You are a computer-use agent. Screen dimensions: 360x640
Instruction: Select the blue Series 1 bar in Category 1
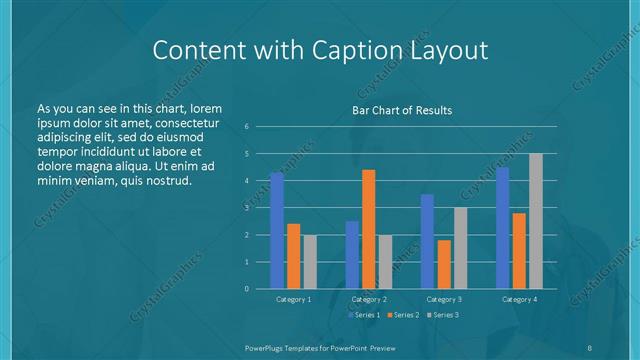[277, 230]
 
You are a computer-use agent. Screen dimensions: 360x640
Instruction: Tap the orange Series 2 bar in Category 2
[369, 229]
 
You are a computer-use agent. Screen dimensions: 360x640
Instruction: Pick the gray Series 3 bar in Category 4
[536, 221]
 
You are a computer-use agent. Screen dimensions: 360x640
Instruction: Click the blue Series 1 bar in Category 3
[427, 241]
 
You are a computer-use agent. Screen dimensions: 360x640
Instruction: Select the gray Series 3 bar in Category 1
[310, 261]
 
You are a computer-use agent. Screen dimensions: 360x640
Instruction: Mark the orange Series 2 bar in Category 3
[444, 264]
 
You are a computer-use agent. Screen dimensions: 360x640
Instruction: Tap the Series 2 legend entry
[402, 315]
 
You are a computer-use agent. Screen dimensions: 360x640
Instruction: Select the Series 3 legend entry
[443, 315]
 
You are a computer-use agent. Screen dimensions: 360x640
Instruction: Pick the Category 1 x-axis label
[293, 299]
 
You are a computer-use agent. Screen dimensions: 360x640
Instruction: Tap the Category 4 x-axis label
[519, 299]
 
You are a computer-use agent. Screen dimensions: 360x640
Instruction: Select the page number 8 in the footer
[590, 346]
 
